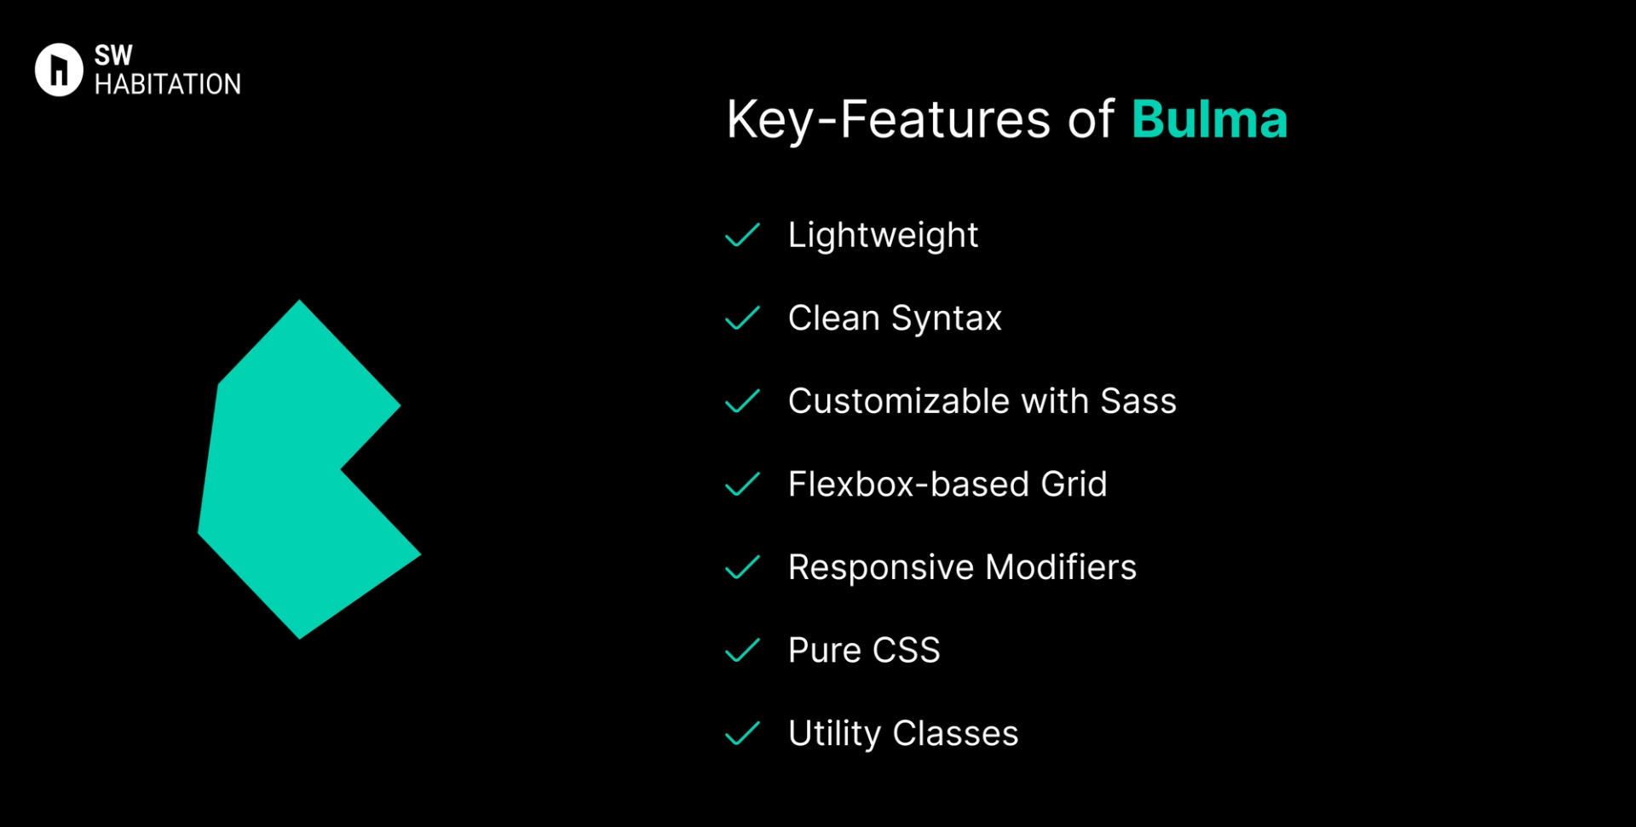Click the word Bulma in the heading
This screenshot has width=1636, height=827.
click(x=1208, y=119)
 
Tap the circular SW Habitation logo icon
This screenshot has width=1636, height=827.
click(x=59, y=70)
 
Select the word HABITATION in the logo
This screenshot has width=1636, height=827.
click(x=168, y=84)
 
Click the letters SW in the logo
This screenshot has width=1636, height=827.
click(x=113, y=55)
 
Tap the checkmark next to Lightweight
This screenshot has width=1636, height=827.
click(x=742, y=235)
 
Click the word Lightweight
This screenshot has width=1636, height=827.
click(x=883, y=235)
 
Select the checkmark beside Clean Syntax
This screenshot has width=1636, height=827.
click(x=742, y=319)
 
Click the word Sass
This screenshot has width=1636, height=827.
click(x=1138, y=401)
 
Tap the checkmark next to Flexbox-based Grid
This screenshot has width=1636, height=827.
click(x=742, y=485)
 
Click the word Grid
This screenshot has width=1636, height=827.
click(x=1074, y=485)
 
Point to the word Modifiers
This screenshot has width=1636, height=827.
click(x=1061, y=567)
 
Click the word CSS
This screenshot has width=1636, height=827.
click(x=906, y=651)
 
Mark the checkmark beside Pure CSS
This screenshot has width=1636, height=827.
click(x=742, y=651)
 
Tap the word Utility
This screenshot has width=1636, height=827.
click(x=834, y=734)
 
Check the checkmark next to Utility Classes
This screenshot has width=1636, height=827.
click(x=742, y=733)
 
